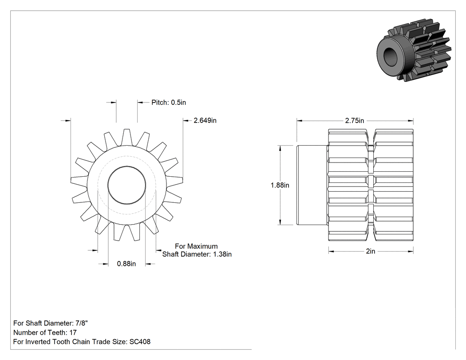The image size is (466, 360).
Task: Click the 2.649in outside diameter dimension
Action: [x=205, y=120]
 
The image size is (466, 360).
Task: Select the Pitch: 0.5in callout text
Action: [x=169, y=103]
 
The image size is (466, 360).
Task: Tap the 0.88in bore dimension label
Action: [x=126, y=264]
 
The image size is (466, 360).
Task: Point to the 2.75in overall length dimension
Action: [x=355, y=121]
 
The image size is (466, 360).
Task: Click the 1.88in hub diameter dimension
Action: [x=280, y=185]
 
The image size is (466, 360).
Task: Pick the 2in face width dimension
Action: [x=371, y=252]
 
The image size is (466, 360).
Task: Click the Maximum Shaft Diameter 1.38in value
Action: [x=222, y=254]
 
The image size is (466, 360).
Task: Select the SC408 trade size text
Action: [x=140, y=342]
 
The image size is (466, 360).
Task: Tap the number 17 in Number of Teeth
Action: [x=73, y=332]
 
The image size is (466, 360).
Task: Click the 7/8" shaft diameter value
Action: [x=82, y=323]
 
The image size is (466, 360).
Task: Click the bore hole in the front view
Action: [x=126, y=185]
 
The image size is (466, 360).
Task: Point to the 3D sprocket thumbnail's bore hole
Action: [x=392, y=56]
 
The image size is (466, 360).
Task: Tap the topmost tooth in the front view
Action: [x=126, y=137]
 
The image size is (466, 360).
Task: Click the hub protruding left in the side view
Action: [x=312, y=185]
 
